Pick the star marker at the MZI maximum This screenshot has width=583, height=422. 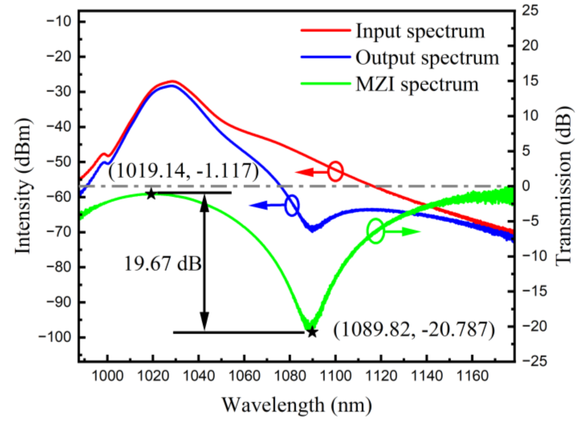pos(151,194)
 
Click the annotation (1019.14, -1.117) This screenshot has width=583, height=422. pos(184,171)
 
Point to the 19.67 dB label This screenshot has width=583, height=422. pos(163,264)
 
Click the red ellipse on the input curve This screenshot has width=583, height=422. pos(335,171)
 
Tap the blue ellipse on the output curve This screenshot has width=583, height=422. pos(292,205)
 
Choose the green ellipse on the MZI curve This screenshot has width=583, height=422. pos(376,231)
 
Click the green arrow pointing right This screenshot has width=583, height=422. pos(402,231)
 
